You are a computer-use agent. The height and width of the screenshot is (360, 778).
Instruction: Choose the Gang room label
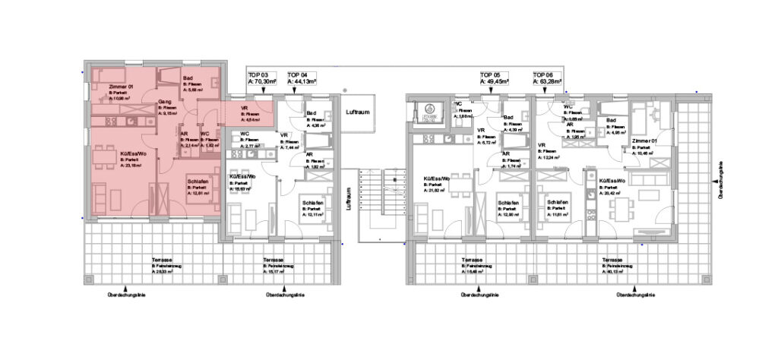click(164, 101)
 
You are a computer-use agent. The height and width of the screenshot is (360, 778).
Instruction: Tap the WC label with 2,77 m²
click(245, 134)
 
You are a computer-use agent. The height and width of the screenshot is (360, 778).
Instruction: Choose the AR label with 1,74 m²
click(505, 154)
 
